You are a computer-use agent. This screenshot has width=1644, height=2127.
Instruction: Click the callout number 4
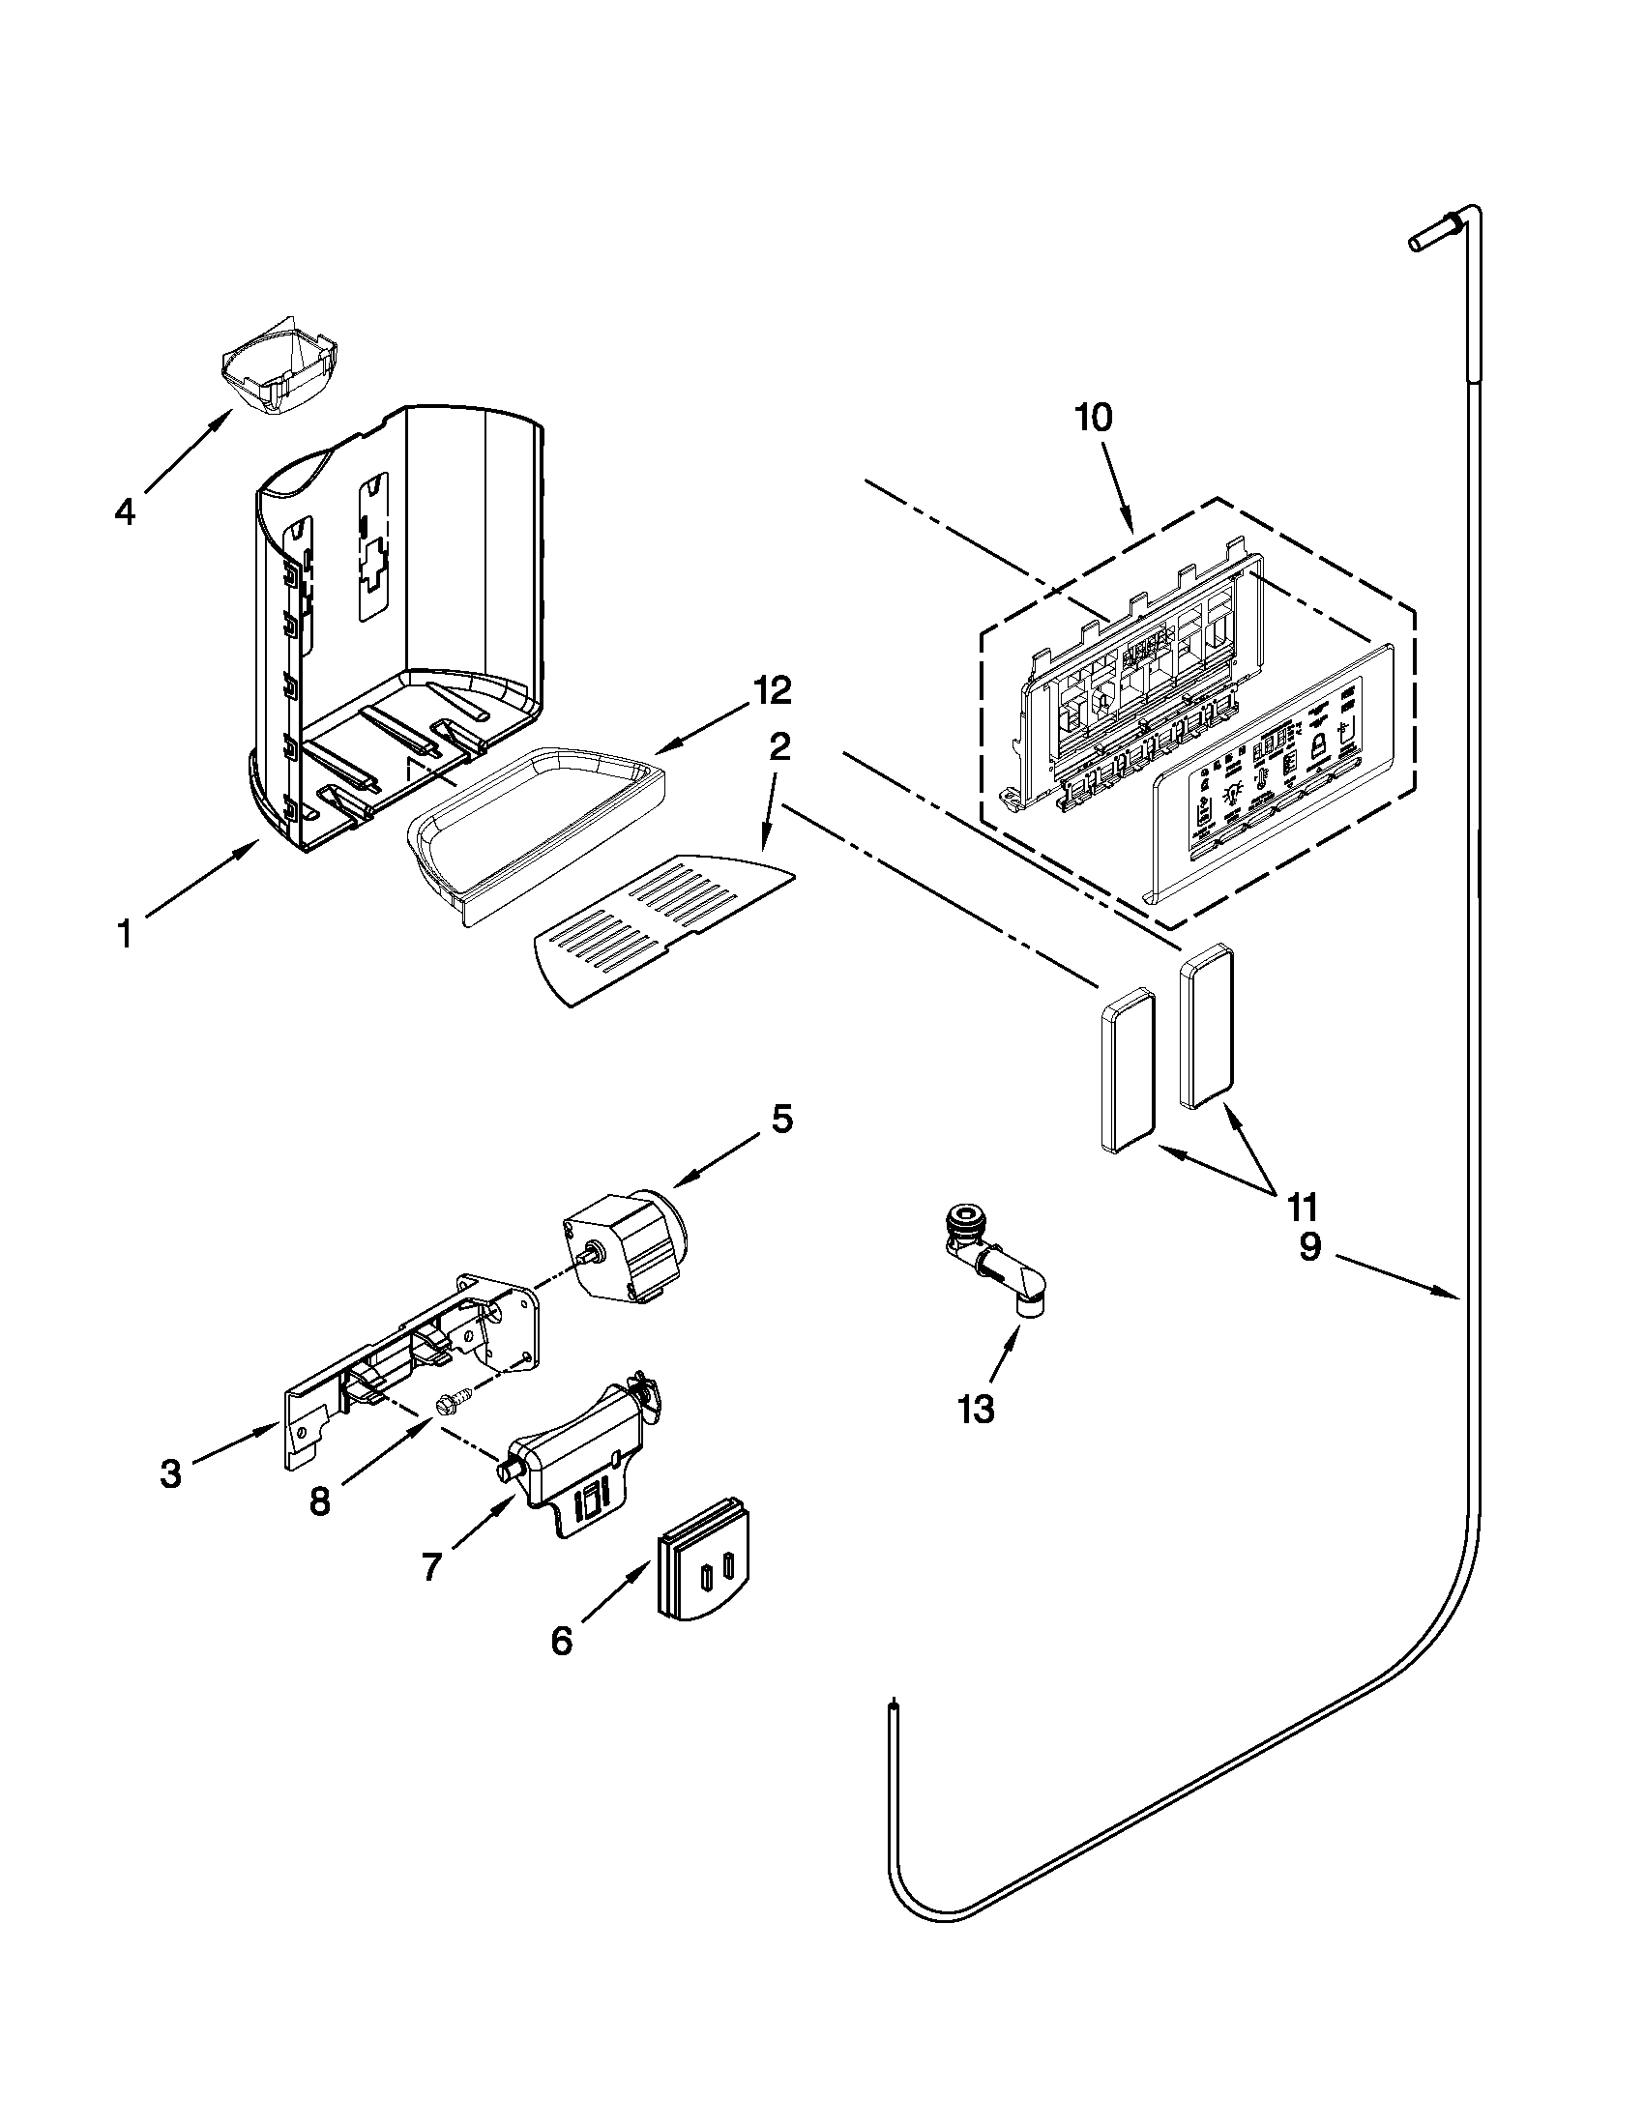[x=124, y=511]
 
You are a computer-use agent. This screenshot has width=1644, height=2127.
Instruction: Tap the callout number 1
[x=124, y=935]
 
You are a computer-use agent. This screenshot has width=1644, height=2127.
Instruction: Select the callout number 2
[x=779, y=748]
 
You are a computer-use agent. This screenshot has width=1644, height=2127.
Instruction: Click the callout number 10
[x=1093, y=419]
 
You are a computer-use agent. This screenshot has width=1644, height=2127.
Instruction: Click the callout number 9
[x=1311, y=1247]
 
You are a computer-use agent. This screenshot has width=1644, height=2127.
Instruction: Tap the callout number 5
[x=782, y=1119]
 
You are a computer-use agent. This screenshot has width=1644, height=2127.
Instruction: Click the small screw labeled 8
[x=452, y=1406]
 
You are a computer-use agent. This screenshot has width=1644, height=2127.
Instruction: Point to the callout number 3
[x=171, y=1474]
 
